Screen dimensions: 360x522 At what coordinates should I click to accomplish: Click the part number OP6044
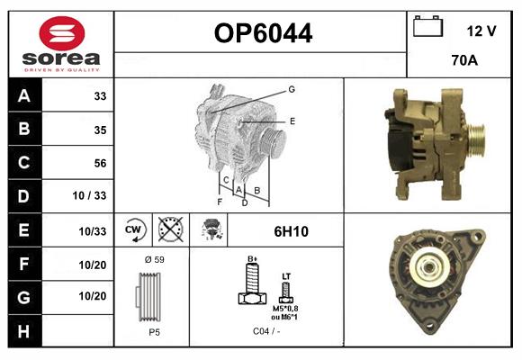pos(263,34)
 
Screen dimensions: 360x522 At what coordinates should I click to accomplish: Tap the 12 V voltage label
pos(481,31)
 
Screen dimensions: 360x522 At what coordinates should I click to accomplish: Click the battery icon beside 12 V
pos(427,28)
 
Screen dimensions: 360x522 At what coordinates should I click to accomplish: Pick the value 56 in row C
pos(100,163)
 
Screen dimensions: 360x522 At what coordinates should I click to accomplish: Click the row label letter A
pos(23,96)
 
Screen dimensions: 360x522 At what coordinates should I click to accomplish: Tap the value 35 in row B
pos(100,130)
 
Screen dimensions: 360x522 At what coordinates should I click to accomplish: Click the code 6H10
pos(290,231)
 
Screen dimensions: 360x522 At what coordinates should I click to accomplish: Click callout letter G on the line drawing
pos(292,89)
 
